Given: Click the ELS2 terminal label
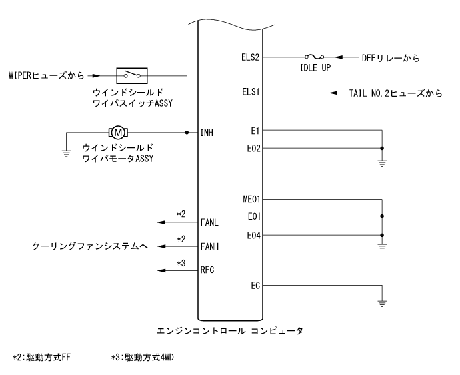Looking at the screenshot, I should coord(251,58).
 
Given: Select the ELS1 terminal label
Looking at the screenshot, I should coord(251,93).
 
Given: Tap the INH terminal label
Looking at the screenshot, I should coord(207,133).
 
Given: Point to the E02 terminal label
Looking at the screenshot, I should coord(253,149).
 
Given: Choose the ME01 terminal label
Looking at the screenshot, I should coord(251,199).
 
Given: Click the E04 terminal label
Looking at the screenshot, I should coord(253,234).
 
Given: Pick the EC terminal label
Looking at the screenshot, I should coord(255,285).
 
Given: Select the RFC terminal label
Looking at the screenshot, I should coord(207,270).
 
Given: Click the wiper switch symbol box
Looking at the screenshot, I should coord(131,76).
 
